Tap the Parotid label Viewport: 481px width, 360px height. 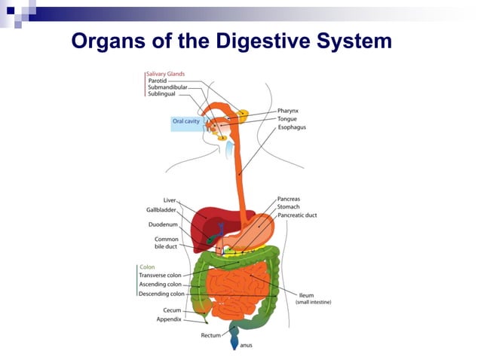point(159,81)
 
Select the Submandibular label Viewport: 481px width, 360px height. point(167,88)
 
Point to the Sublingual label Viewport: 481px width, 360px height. point(161,96)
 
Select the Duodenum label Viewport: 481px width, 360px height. point(164,224)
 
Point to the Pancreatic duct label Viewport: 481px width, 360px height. point(298,215)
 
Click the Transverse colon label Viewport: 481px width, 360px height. point(161,276)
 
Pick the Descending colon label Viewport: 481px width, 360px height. point(162,294)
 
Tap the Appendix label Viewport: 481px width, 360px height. point(169,319)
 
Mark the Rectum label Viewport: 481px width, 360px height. point(211,334)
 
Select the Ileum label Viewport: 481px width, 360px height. point(307,295)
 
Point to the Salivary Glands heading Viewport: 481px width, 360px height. point(165,73)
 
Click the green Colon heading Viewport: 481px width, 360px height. point(148,267)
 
